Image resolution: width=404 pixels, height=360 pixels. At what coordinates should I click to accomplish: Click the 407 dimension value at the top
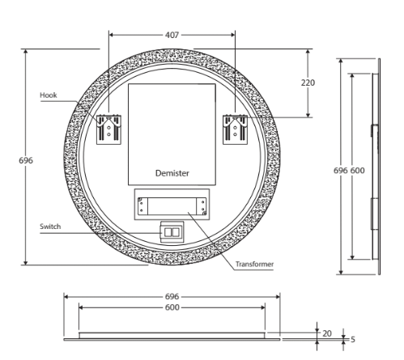[172, 36]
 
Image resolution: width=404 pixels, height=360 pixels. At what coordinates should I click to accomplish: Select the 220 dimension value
[308, 83]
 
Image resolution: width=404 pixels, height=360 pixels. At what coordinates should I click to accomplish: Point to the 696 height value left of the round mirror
[26, 160]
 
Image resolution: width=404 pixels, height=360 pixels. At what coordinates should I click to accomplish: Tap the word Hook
[49, 95]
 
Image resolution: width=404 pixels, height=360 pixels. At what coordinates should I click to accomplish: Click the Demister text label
[172, 173]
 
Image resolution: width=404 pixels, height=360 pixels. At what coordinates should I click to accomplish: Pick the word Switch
[51, 227]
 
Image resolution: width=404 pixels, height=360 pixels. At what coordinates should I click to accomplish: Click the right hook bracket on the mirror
[236, 129]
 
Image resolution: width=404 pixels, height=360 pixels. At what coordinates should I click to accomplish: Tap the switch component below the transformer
[172, 232]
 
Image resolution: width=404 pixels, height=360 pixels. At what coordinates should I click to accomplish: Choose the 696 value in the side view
[341, 172]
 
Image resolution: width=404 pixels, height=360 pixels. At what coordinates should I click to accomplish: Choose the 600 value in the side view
[358, 172]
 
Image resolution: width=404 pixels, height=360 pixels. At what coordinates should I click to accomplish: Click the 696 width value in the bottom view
[172, 297]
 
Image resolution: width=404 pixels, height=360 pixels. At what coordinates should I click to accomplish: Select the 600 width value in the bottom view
[172, 308]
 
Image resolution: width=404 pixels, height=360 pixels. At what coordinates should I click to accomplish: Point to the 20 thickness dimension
[327, 332]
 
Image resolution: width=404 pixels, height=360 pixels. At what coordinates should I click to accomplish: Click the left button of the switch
[168, 232]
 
